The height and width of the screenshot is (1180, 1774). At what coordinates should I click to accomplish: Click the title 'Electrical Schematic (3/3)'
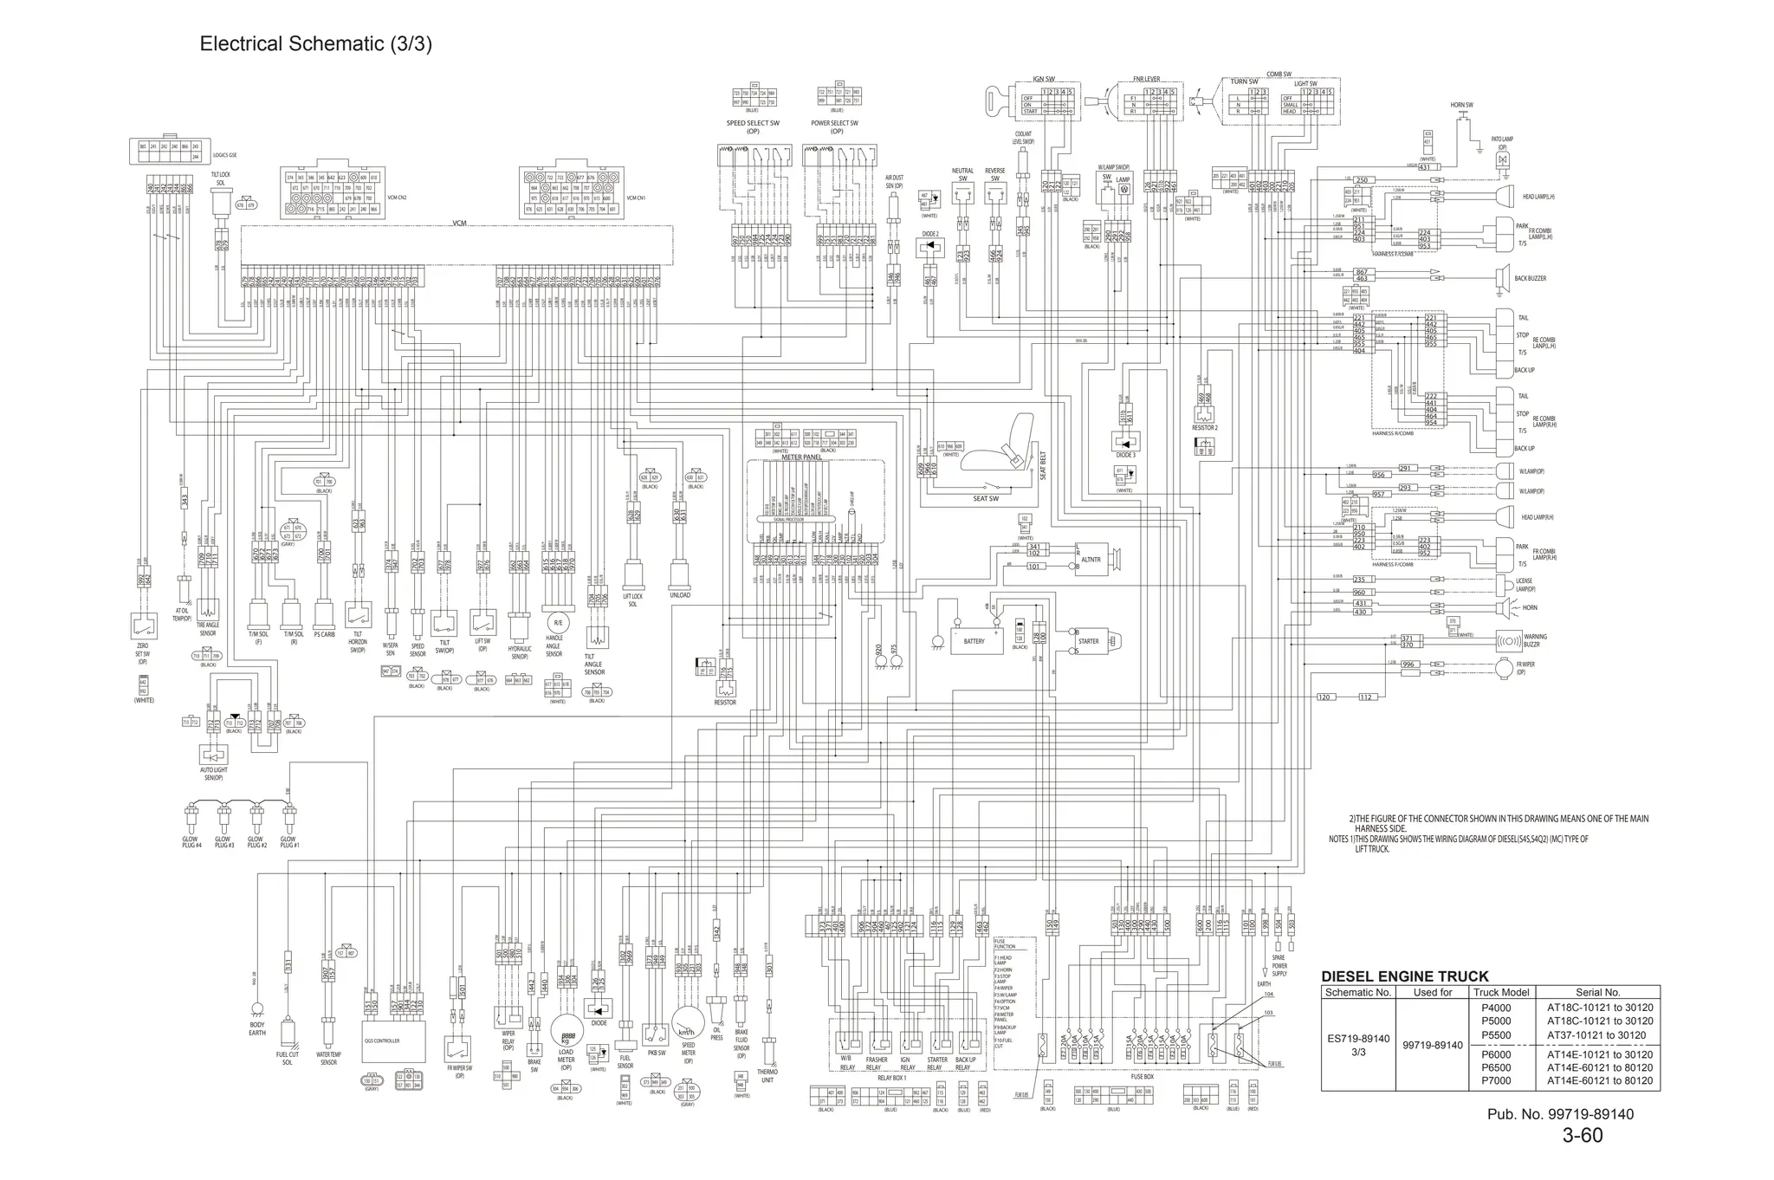(x=315, y=44)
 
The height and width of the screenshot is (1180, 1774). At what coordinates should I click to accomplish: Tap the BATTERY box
(x=974, y=641)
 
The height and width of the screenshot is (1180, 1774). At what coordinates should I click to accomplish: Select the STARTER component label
(x=1088, y=641)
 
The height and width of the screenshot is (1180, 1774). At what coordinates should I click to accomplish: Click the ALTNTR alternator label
(x=1091, y=560)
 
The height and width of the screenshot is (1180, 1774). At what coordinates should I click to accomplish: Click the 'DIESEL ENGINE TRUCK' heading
(x=1404, y=976)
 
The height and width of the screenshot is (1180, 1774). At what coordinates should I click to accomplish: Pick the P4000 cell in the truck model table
(x=1495, y=1008)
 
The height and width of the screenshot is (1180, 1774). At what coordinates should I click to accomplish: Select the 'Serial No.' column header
(x=1598, y=992)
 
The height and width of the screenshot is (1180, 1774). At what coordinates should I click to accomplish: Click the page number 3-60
(x=1582, y=1135)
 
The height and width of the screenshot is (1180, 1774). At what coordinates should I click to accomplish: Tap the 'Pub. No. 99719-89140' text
(x=1560, y=1114)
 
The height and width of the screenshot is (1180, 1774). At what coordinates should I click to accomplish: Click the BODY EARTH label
(x=257, y=1028)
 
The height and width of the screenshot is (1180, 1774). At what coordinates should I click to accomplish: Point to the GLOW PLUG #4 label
(x=190, y=841)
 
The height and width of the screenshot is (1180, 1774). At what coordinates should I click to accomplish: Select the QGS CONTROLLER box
(x=382, y=1041)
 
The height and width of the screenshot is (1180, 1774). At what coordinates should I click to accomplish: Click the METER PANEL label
(x=800, y=457)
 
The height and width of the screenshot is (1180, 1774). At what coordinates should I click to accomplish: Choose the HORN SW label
(x=1461, y=105)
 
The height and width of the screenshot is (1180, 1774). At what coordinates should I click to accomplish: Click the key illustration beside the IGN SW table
(x=1001, y=101)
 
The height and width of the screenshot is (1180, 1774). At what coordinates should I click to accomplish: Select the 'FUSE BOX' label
(x=1142, y=1077)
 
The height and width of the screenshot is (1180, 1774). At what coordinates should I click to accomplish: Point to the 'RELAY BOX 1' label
(x=891, y=1078)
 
